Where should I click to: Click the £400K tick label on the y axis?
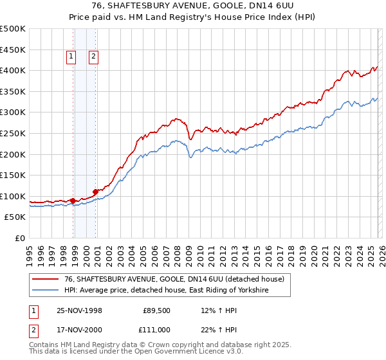coord(13,70)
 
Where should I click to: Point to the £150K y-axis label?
coord(13,175)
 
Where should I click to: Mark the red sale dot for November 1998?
coord(73,201)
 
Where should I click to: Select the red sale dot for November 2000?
coord(95,191)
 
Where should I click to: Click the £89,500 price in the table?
coord(156,310)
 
